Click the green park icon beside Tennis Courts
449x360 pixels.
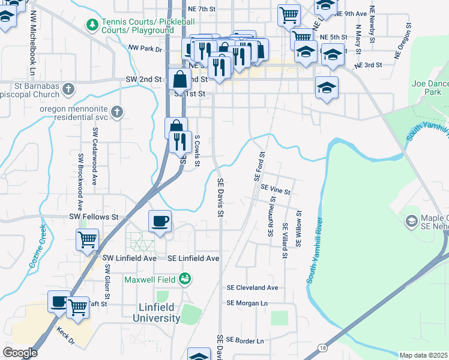92,25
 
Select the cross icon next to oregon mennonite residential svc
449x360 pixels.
116,112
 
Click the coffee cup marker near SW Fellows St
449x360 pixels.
160,221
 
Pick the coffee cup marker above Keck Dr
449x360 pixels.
59,302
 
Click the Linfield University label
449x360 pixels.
155,313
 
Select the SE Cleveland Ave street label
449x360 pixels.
253,287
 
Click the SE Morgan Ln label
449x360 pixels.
247,304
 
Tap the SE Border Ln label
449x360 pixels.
244,341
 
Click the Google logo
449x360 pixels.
20,353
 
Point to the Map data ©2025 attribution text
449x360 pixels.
424,355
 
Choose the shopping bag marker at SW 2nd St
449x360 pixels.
179,79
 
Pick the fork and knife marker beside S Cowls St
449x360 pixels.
180,142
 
